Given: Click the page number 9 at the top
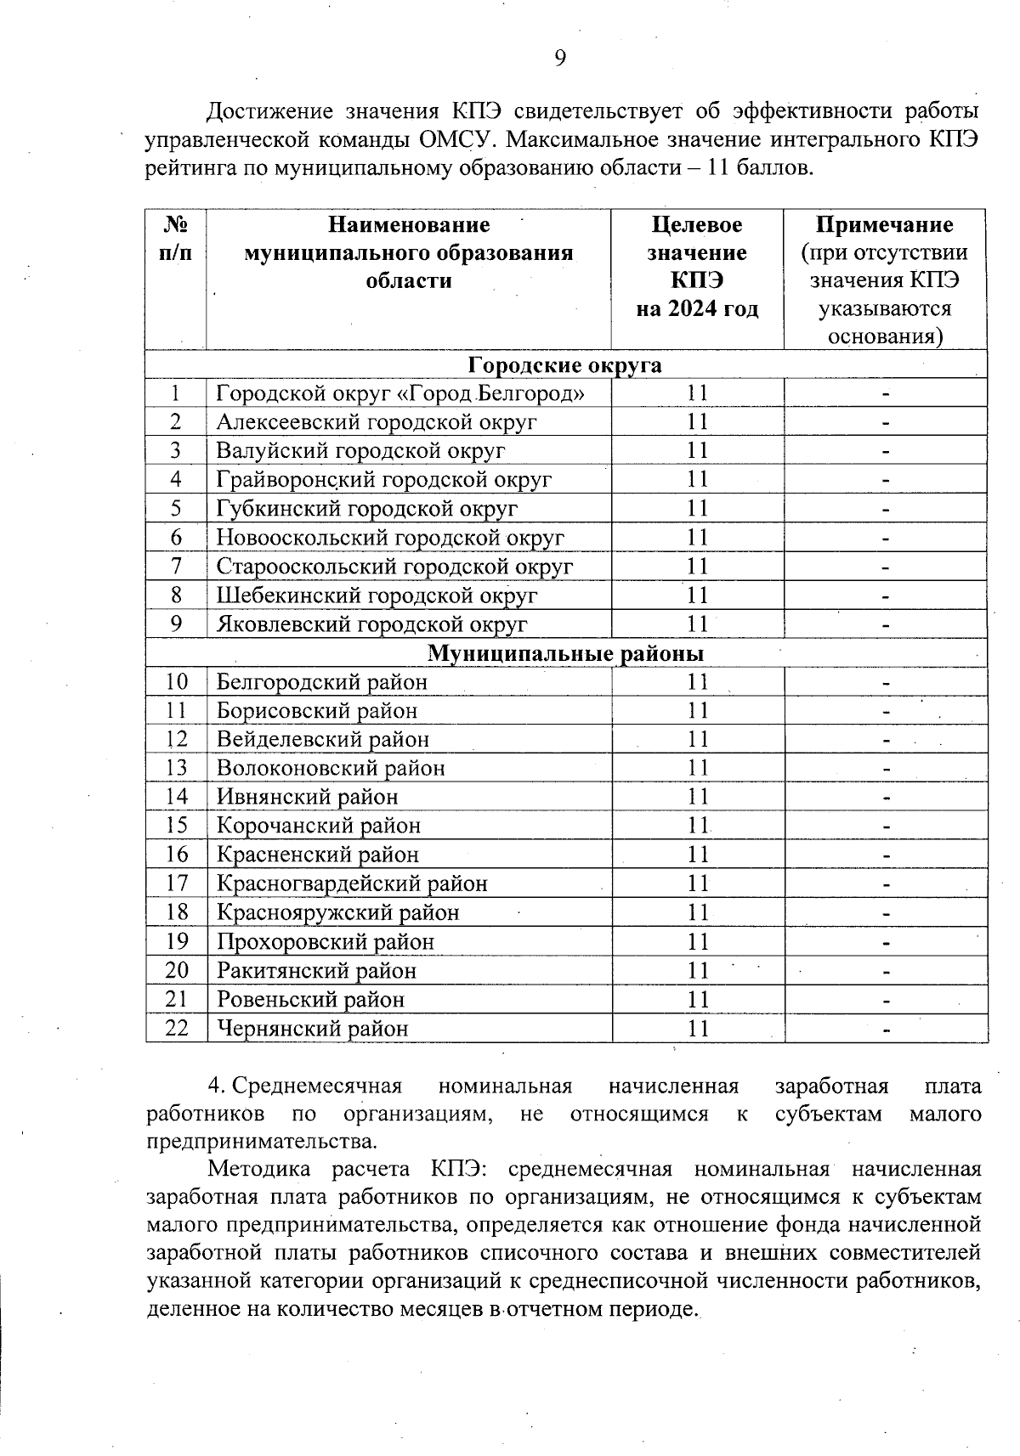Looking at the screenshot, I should click(560, 58).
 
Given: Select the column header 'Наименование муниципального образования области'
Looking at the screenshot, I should click(409, 252).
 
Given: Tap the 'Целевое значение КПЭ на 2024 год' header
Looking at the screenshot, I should click(697, 266).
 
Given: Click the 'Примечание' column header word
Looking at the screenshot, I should click(884, 224).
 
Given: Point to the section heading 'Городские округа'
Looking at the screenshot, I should click(565, 364).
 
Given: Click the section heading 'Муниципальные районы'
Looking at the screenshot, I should click(565, 653).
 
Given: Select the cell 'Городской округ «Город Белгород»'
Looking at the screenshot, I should click(400, 393).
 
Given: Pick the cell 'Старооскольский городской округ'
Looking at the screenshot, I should click(394, 566).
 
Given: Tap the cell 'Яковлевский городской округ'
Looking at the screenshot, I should click(371, 624).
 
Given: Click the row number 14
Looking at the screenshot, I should click(176, 797).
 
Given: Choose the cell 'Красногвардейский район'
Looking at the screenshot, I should click(352, 883).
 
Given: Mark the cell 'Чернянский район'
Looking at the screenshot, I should click(312, 1028).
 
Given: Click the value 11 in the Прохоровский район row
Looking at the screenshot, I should click(698, 941).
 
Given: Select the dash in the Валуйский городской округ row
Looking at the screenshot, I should click(885, 451).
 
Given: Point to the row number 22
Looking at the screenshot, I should click(176, 1028).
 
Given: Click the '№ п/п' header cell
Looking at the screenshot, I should click(176, 239).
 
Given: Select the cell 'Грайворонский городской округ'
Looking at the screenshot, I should click(384, 480).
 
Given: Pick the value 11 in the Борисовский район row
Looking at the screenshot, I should click(698, 710).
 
